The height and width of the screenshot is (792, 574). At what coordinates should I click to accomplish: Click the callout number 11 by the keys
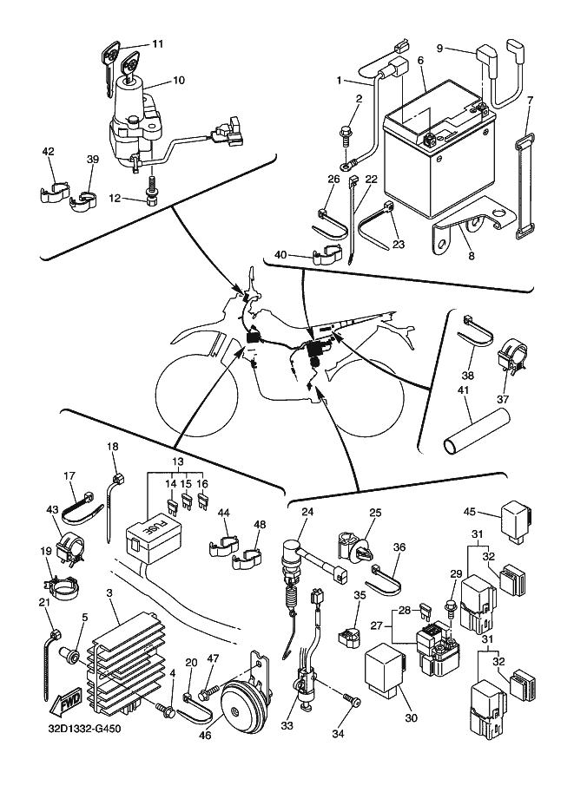pos(157,43)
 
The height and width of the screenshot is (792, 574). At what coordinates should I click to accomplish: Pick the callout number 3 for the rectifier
pos(109,592)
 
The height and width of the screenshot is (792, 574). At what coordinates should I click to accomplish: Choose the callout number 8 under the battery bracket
pos(470,258)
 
